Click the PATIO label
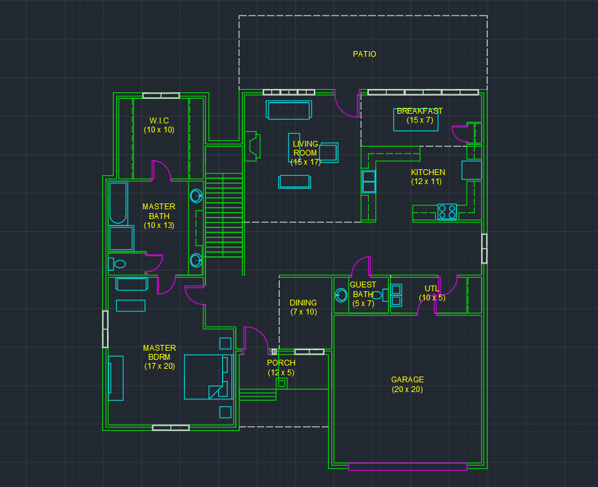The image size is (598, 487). point(364,54)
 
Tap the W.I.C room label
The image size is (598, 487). point(159,121)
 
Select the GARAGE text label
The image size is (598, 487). point(407,380)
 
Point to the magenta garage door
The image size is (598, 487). point(407,466)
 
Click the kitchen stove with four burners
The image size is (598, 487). point(447,211)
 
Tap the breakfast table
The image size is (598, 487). point(417,119)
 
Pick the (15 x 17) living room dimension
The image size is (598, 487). point(305,162)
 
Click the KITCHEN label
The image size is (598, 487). point(428,172)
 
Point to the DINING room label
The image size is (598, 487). point(303,303)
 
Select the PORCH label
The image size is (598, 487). point(281,363)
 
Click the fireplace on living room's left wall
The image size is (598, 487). point(251,145)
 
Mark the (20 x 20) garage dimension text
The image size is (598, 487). point(407,389)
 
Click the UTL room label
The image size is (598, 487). point(431,289)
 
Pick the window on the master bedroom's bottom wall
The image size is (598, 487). point(170,428)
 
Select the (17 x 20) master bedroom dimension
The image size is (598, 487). point(160,366)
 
